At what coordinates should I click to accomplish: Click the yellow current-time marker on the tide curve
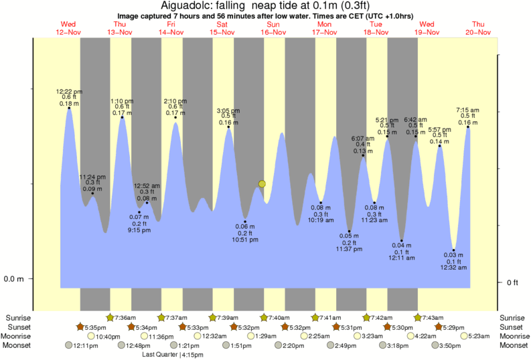click(262, 183)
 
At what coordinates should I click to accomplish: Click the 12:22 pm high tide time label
click(69, 92)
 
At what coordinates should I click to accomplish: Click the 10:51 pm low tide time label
click(246, 239)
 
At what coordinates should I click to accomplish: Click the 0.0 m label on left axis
click(14, 278)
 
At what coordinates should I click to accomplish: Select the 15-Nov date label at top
click(222, 32)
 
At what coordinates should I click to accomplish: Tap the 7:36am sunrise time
click(125, 317)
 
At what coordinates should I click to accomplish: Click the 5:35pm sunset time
click(94, 327)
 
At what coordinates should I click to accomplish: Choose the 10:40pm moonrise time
click(109, 336)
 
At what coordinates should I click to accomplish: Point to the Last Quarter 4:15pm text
click(167, 355)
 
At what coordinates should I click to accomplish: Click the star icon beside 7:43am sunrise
click(418, 317)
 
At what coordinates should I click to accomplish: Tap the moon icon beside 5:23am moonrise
click(463, 336)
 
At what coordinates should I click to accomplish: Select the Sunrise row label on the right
click(512, 317)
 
